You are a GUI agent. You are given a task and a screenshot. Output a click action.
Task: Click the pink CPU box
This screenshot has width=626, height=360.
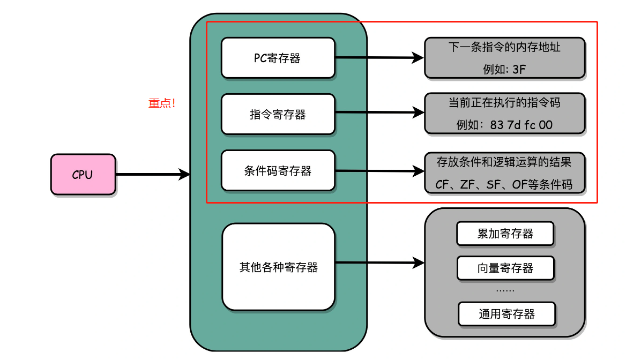click(x=83, y=174)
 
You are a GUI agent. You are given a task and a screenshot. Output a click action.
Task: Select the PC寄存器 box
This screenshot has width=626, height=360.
click(x=278, y=58)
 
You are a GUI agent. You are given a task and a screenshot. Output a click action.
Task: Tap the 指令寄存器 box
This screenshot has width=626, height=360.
click(x=278, y=114)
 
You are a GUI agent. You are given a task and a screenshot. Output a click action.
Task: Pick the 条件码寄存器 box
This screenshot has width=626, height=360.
click(x=278, y=171)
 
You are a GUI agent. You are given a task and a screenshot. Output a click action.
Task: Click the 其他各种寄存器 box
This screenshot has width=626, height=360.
click(x=278, y=266)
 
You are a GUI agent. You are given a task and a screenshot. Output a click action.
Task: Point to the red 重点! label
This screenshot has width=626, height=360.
click(x=162, y=104)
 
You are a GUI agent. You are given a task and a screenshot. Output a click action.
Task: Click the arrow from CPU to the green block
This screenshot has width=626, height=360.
click(x=153, y=174)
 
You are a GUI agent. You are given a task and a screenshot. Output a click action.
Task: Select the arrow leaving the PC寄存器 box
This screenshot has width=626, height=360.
click(x=378, y=57)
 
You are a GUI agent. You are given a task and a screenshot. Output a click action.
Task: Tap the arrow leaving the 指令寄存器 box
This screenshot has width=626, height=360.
click(x=378, y=113)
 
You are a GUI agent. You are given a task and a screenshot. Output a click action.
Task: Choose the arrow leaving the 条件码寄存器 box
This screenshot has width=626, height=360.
click(x=378, y=171)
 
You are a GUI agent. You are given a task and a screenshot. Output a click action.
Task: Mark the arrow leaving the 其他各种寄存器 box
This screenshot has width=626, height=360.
click(x=378, y=262)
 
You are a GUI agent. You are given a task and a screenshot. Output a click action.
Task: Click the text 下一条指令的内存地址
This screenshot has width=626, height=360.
click(x=504, y=47)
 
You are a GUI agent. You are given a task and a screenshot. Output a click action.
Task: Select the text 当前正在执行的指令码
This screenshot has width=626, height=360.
click(x=504, y=102)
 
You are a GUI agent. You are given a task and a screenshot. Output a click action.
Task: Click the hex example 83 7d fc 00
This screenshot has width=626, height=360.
click(x=521, y=125)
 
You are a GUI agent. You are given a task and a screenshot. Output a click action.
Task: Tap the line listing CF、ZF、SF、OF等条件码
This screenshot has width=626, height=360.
click(x=504, y=185)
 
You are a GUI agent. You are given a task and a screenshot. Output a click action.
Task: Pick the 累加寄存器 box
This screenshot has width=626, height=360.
click(x=505, y=234)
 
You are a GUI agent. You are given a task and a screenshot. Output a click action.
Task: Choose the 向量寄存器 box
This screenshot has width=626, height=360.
click(x=505, y=268)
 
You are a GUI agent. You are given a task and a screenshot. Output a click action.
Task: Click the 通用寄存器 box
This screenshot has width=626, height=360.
click(x=506, y=314)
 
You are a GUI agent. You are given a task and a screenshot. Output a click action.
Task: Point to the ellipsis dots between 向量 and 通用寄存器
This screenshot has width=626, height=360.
click(x=505, y=290)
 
